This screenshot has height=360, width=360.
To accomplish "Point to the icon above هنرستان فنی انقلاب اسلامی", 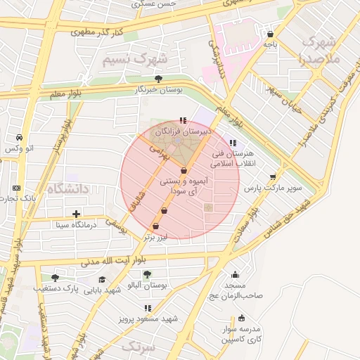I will pos(233,143).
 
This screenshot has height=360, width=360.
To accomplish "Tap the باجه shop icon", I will pos(271,33).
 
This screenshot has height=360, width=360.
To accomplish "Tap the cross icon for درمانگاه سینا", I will pos(76,214).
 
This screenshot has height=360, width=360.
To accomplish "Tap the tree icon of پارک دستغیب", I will pos(55,278).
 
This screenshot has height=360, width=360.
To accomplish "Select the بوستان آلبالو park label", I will pos(148,285).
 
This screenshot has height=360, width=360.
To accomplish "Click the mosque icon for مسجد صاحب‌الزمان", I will pos(234,275).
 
